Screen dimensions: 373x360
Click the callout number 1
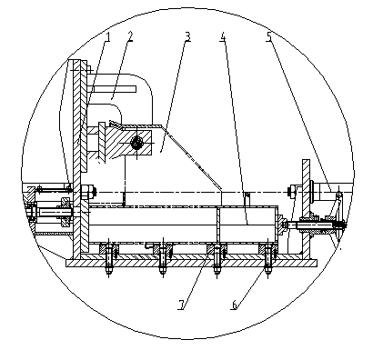pyautogui.click(x=107, y=36)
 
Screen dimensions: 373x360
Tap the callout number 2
pyautogui.click(x=130, y=36)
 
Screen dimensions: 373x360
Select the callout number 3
pyautogui.click(x=187, y=36)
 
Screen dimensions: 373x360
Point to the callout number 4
pyautogui.click(x=223, y=36)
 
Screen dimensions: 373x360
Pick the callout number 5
pyautogui.click(x=269, y=36)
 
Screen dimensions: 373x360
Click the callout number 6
pyautogui.click(x=234, y=305)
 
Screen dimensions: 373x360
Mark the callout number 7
pyautogui.click(x=181, y=305)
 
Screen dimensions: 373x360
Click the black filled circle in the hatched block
pyautogui.click(x=136, y=142)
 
